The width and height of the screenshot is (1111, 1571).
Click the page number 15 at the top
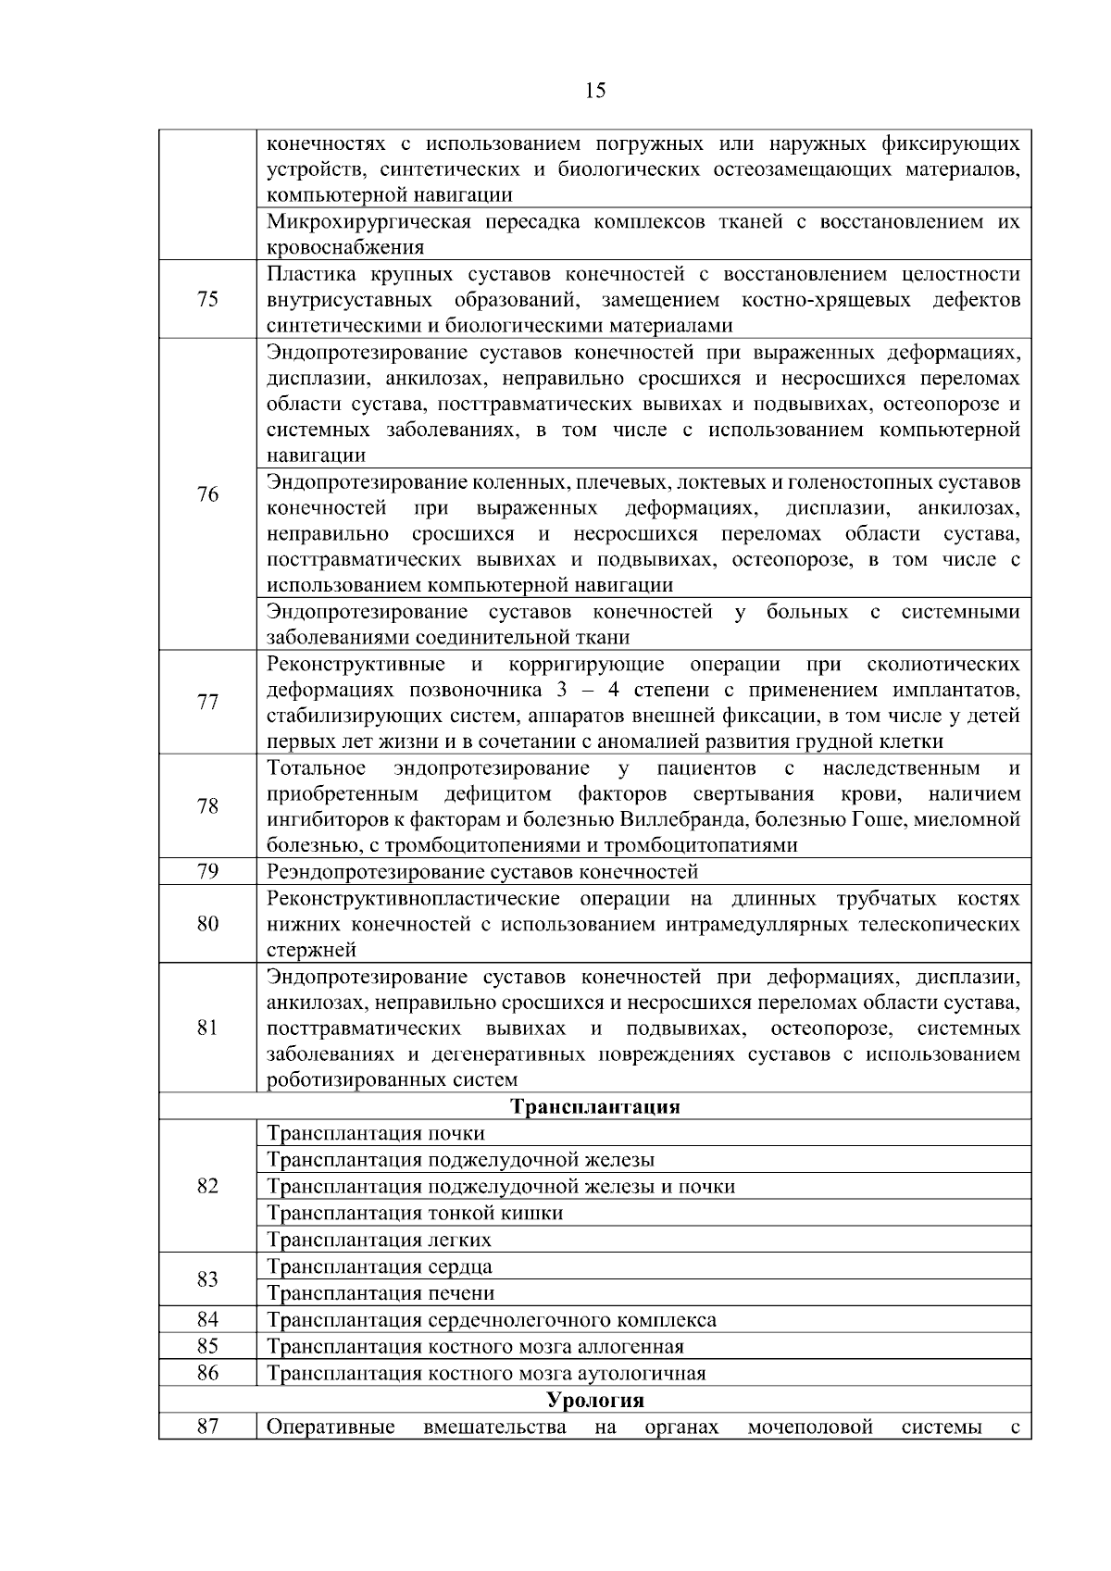(x=595, y=90)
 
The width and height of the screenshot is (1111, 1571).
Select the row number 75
(x=207, y=299)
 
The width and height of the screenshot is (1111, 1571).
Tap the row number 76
(x=207, y=494)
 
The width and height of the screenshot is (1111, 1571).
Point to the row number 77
(x=207, y=702)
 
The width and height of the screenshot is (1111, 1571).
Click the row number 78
(x=207, y=805)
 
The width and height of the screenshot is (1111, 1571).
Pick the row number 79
(x=207, y=871)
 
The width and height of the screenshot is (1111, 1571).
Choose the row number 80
(x=207, y=923)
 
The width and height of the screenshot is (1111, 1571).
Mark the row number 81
(x=207, y=1028)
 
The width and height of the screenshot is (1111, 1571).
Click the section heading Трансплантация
(x=595, y=1106)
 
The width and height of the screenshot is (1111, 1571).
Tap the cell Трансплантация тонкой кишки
(x=415, y=1213)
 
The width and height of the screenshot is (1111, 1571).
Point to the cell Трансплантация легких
(x=379, y=1240)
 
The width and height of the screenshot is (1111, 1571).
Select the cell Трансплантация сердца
(x=380, y=1266)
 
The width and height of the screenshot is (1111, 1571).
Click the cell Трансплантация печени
(x=381, y=1293)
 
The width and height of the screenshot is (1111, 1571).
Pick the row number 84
(x=207, y=1319)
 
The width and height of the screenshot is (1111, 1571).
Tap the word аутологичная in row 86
(x=642, y=1373)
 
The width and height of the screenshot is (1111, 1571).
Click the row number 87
(x=207, y=1427)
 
